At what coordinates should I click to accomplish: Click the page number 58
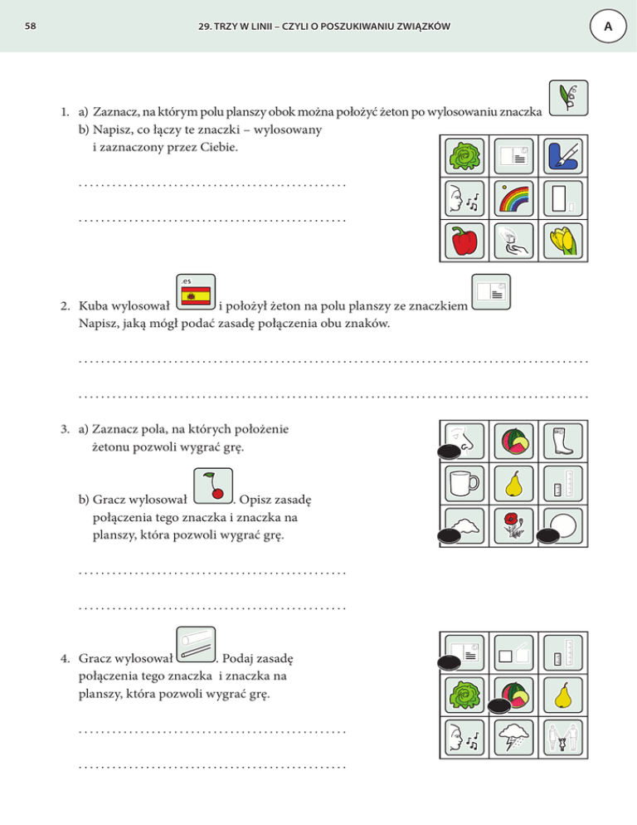coord(31,27)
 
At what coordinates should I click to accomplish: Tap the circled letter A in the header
coord(608,27)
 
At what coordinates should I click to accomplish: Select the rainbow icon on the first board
coord(515,199)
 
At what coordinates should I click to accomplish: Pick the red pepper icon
coord(464,242)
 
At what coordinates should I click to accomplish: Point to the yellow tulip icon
coord(566,242)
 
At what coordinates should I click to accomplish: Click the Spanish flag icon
coord(197,295)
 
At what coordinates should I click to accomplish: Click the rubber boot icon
coord(564,440)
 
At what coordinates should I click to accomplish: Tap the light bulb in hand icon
coord(515,242)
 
